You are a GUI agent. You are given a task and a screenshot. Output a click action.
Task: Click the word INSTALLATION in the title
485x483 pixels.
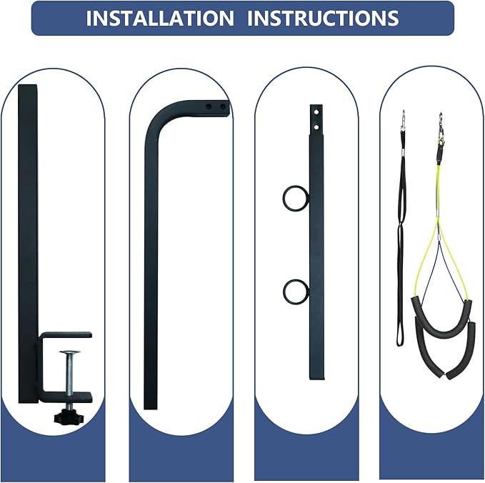pyautogui.click(x=160, y=19)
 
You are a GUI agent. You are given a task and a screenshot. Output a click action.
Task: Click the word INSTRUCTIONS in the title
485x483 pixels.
pyautogui.click(x=323, y=19)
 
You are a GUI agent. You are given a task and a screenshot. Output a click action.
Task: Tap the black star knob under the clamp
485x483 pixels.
pyautogui.click(x=70, y=417)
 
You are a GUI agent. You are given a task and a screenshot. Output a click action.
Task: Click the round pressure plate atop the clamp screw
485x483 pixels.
pyautogui.click(x=70, y=352)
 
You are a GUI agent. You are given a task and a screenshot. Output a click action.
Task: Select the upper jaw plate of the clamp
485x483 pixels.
pyautogui.click(x=66, y=335)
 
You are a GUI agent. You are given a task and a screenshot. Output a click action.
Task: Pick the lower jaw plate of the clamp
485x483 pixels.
pyautogui.click(x=66, y=397)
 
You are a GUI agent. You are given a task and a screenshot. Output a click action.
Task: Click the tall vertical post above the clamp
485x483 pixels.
pyautogui.click(x=28, y=241)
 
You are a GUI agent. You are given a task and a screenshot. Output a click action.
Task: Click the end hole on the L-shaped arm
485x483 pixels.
pyautogui.click(x=223, y=106)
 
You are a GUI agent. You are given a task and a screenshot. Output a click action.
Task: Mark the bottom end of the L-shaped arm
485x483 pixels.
pyautogui.click(x=151, y=408)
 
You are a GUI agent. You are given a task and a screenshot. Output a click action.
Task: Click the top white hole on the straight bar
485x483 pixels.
pyautogui.click(x=316, y=112)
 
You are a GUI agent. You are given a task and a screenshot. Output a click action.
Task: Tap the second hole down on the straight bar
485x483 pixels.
pyautogui.click(x=316, y=127)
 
